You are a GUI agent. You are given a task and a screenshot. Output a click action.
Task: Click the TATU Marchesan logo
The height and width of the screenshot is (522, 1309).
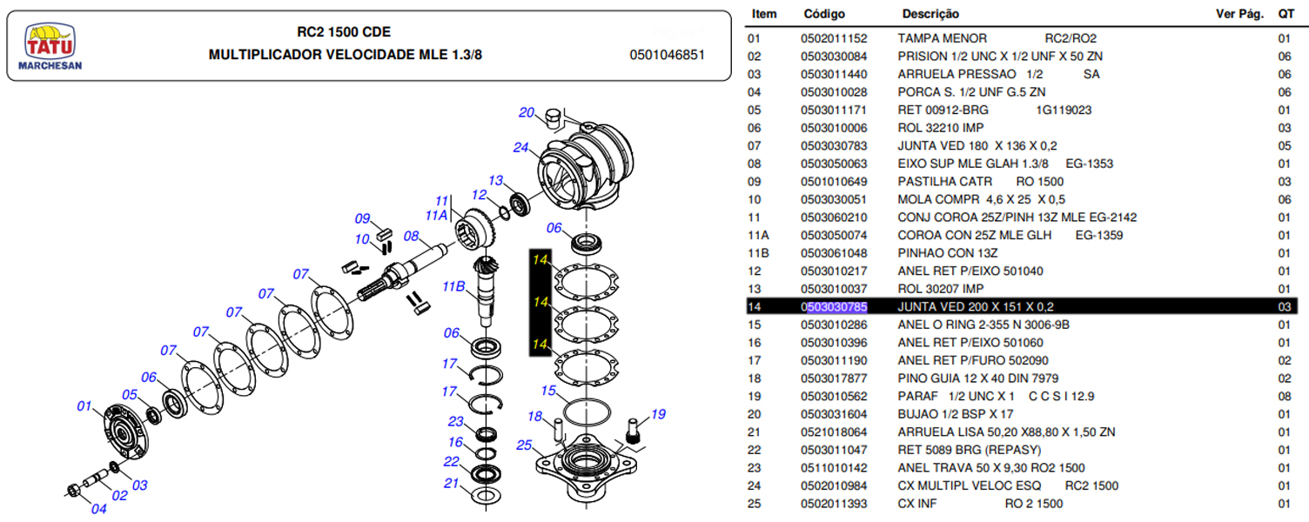[50, 45]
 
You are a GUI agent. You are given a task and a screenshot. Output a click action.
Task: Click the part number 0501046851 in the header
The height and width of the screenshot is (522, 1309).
[667, 55]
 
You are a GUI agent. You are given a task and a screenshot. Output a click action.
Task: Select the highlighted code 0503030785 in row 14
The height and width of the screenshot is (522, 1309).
[834, 306]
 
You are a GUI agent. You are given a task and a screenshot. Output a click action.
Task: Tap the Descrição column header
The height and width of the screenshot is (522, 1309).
[930, 14]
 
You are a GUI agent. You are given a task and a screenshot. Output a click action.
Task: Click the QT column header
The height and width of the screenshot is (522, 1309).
[1286, 14]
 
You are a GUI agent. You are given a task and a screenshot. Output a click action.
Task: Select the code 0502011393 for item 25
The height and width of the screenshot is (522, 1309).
[834, 503]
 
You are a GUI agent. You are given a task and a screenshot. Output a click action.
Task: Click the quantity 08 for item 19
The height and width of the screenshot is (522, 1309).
[1284, 396]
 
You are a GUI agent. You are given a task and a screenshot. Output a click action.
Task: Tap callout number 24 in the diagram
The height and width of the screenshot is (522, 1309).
[520, 147]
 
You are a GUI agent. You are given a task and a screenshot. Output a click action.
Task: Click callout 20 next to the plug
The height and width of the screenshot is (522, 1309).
[527, 112]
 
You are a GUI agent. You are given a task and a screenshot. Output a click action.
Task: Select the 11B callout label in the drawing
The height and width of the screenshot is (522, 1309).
[454, 286]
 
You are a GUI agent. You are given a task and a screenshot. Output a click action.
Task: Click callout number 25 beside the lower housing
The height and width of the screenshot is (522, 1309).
[524, 445]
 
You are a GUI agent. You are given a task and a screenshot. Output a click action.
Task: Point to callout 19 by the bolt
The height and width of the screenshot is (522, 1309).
[658, 414]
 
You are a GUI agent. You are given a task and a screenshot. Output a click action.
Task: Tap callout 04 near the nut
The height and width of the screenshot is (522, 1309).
[98, 509]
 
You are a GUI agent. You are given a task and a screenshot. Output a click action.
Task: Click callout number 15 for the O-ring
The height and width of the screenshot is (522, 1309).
[547, 391]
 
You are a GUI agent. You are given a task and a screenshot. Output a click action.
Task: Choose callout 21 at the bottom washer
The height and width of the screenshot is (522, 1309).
[451, 483]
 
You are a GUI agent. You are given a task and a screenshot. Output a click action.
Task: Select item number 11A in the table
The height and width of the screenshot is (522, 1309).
[758, 235]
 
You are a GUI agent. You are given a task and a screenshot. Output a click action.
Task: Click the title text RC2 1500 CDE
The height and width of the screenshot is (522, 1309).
[344, 32]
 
